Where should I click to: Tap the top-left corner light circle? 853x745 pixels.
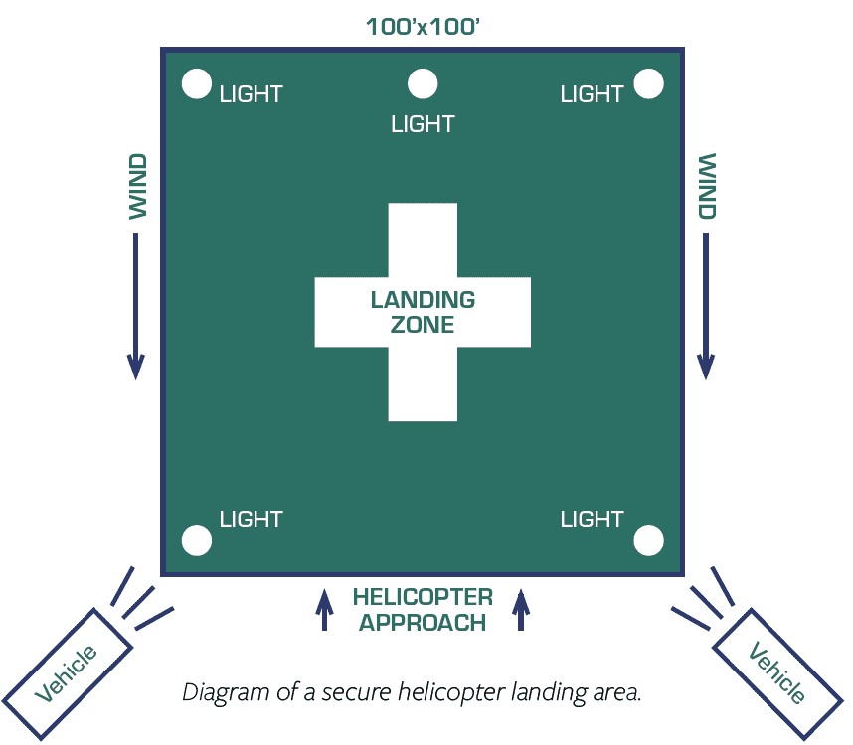(197, 84)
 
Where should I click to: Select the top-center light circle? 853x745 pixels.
(424, 84)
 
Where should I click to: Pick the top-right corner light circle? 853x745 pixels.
(649, 84)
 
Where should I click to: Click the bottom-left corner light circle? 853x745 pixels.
(197, 540)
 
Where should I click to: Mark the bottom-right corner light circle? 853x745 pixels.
(649, 540)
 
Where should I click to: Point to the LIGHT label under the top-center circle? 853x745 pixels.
(424, 124)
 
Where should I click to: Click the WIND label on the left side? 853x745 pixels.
(138, 186)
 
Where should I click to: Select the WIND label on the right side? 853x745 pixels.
(707, 186)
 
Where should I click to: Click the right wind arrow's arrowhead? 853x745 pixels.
(706, 367)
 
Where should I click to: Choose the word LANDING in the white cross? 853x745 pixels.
(423, 299)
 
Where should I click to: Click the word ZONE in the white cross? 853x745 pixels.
(423, 325)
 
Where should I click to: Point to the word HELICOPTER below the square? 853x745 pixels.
(423, 597)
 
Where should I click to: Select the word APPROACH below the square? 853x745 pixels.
(423, 623)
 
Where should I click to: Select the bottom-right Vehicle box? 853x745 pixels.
(777, 673)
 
